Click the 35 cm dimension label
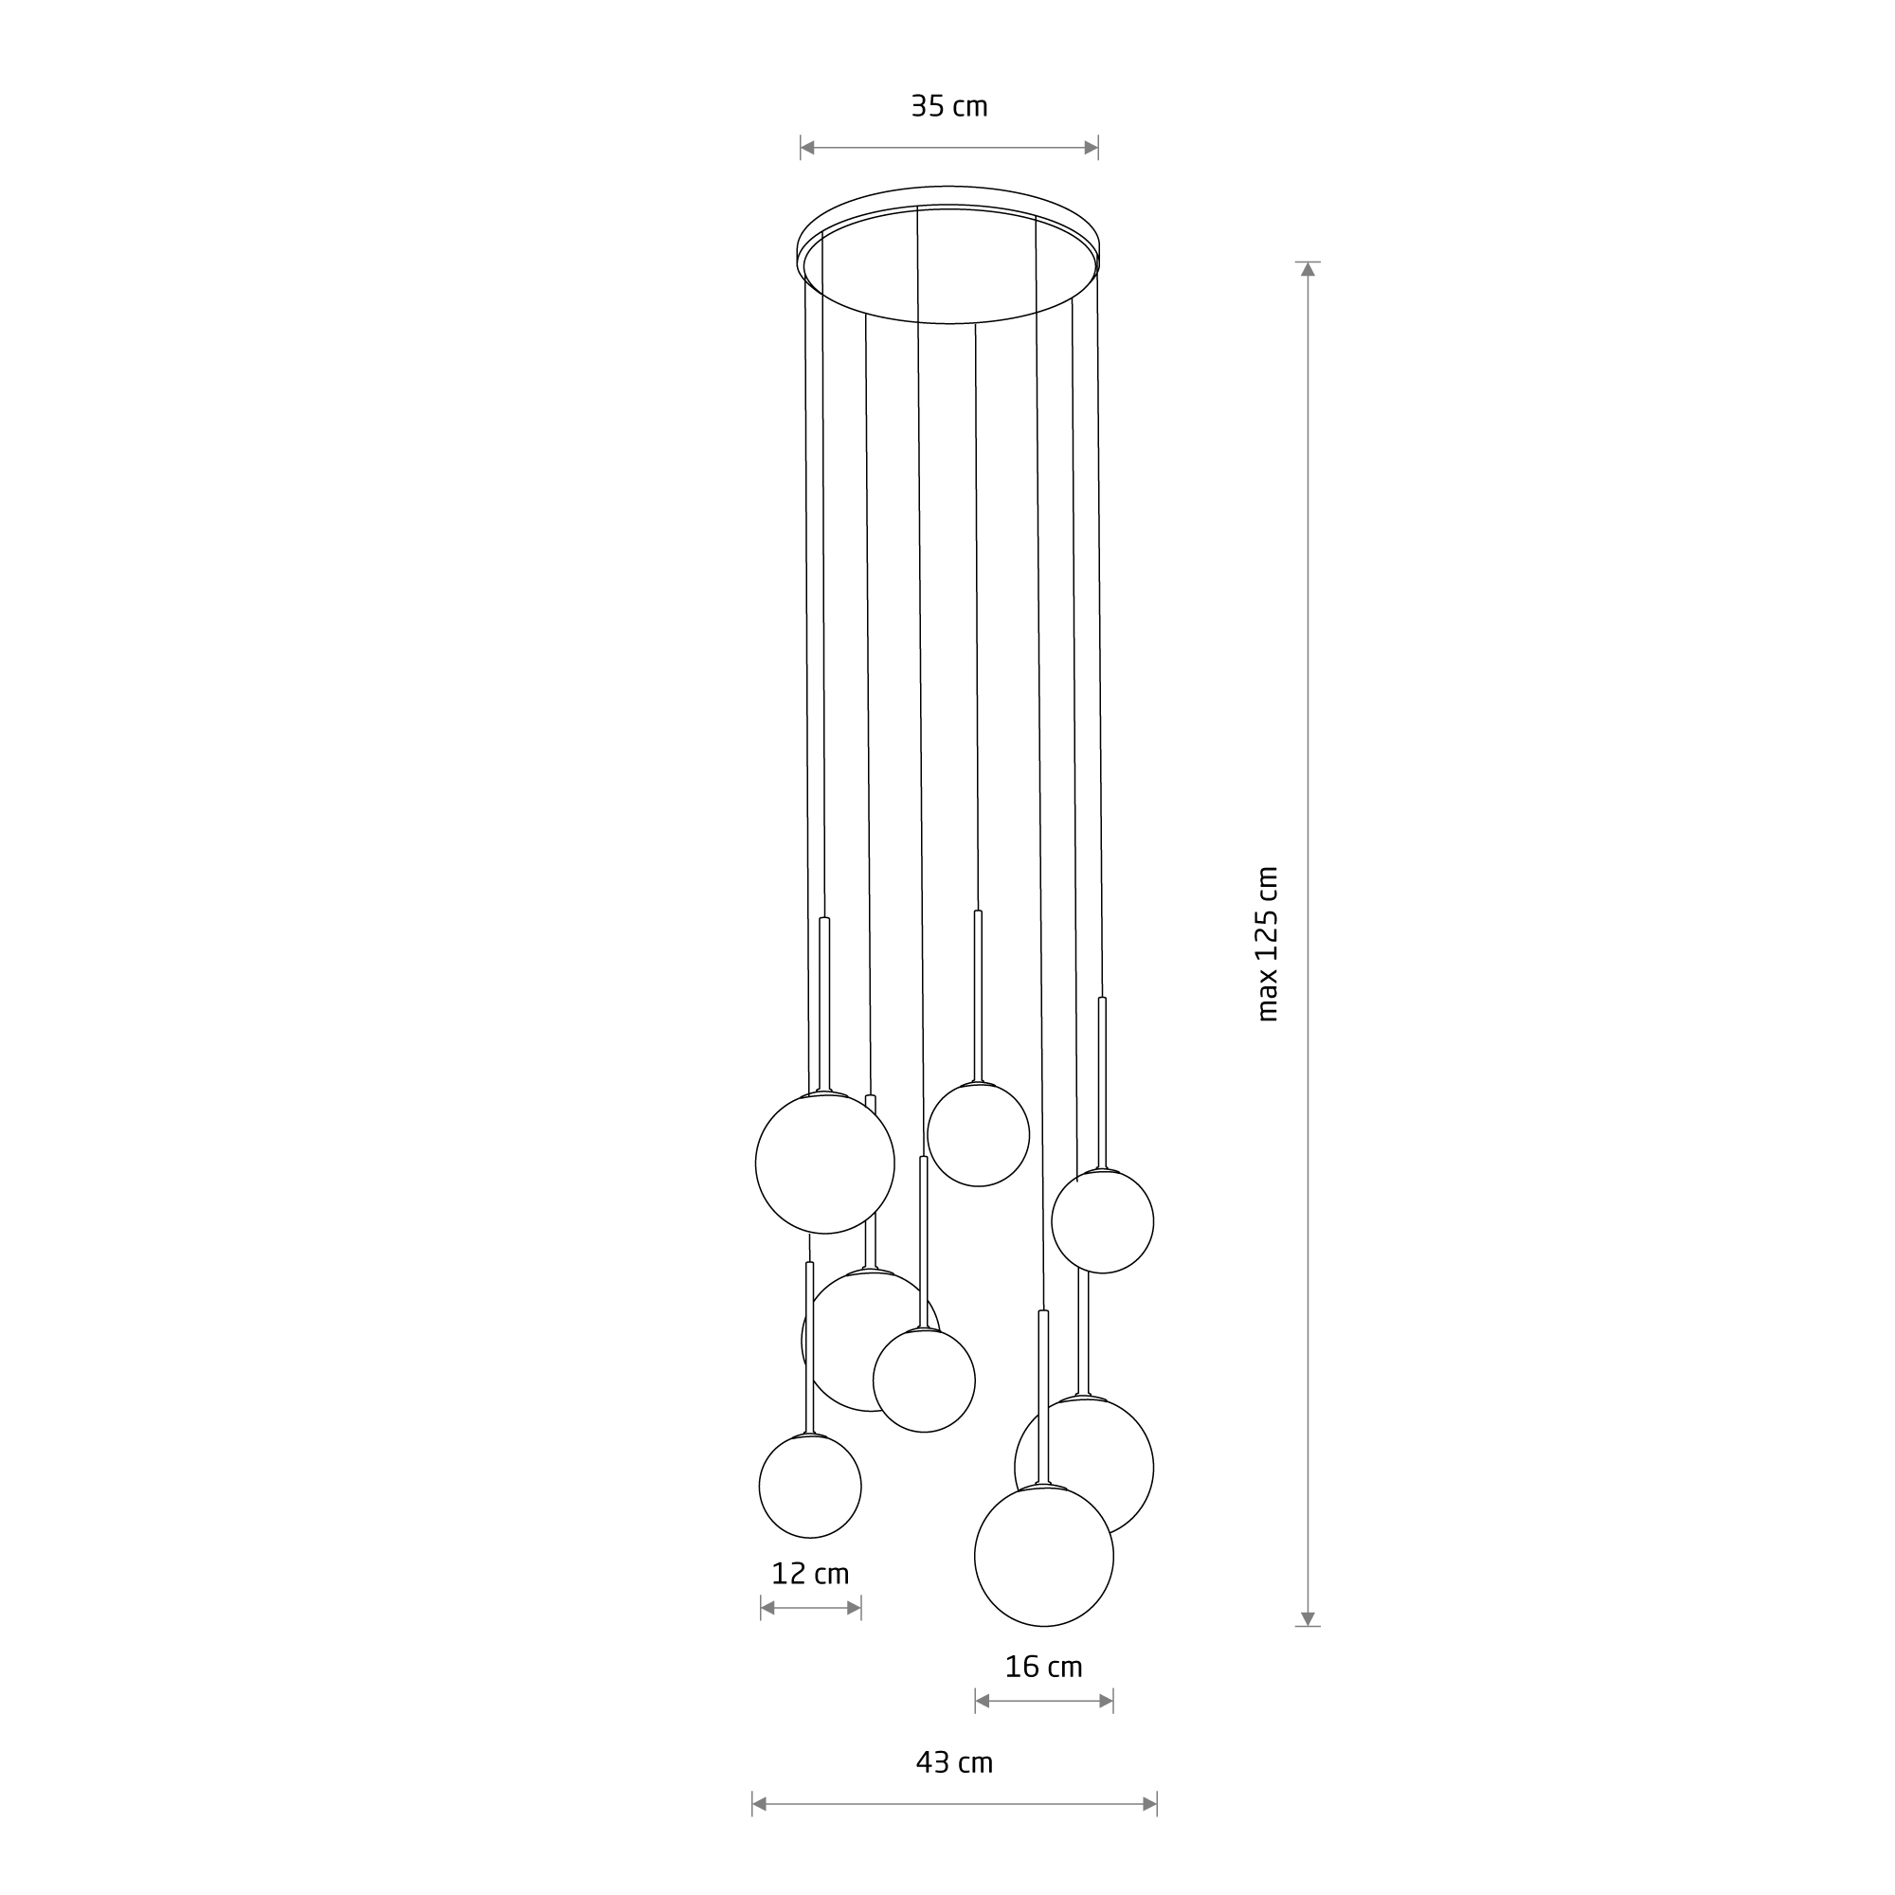(x=948, y=106)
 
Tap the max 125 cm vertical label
(x=1269, y=944)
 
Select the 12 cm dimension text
(x=810, y=1573)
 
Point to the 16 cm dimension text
(x=1043, y=1667)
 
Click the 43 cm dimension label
(x=954, y=1762)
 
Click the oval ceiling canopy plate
(x=948, y=255)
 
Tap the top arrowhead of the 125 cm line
(x=1308, y=270)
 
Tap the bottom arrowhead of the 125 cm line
(x=1308, y=1618)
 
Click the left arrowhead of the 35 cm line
(x=807, y=148)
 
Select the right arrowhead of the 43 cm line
(x=1149, y=1804)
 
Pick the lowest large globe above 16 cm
(x=1043, y=1556)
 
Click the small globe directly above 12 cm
(x=810, y=1486)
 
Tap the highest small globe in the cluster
(x=978, y=1135)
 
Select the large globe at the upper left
(x=825, y=1164)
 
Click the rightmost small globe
(x=1103, y=1221)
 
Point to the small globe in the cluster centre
(x=924, y=1381)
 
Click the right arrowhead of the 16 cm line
(x=1107, y=1701)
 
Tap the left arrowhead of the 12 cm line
(x=768, y=1608)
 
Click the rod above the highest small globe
(x=978, y=996)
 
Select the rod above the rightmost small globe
(x=1103, y=1083)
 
